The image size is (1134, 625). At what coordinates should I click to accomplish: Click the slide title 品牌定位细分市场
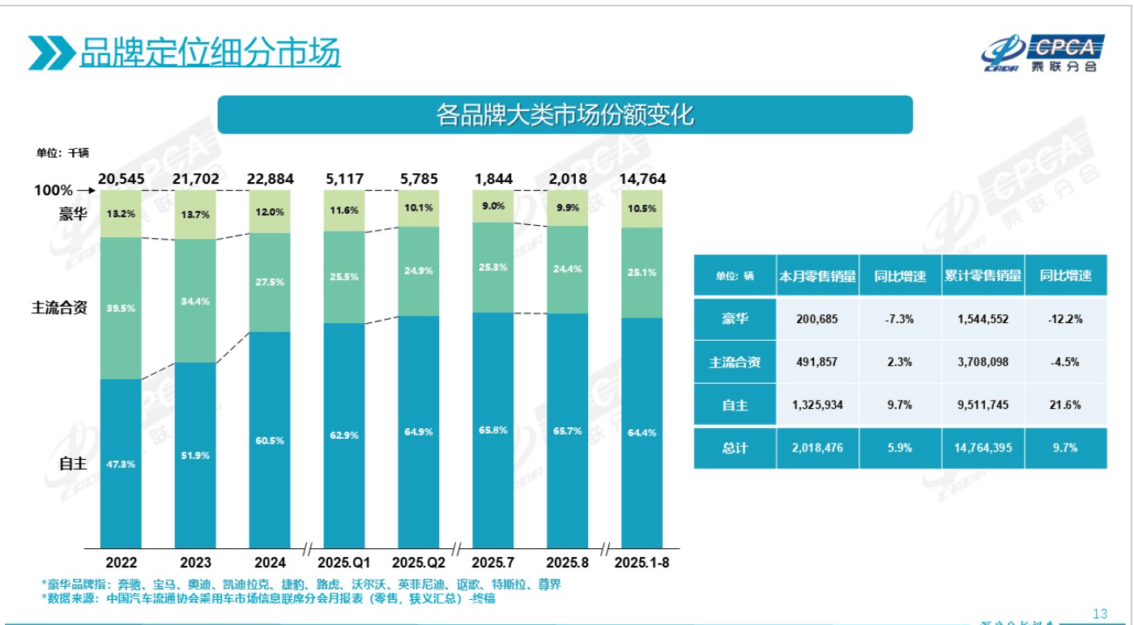[209, 53]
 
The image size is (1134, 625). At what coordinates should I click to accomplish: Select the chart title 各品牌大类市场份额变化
[565, 115]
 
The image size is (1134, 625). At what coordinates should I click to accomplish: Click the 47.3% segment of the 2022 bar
[121, 463]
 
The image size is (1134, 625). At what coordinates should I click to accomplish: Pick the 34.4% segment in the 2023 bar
[195, 300]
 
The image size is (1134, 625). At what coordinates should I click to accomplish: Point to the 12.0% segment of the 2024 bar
[270, 212]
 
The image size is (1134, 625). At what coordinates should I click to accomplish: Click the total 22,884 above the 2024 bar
[270, 179]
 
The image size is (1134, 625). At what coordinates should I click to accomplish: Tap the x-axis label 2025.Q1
[344, 562]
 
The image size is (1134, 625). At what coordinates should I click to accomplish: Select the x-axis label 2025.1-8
[642, 562]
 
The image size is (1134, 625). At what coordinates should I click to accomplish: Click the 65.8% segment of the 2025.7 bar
[492, 430]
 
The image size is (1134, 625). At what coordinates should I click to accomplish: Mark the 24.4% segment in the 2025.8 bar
[567, 270]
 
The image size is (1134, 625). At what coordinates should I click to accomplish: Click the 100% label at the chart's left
[53, 191]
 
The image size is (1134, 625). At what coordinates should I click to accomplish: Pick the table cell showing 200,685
[817, 319]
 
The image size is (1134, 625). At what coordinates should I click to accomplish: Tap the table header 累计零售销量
[983, 276]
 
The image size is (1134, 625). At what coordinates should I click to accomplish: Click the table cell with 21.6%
[1065, 405]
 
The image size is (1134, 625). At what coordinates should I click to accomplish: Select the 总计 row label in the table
[735, 448]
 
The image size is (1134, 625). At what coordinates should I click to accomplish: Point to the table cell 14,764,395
[983, 448]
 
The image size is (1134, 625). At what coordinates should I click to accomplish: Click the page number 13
[1099, 613]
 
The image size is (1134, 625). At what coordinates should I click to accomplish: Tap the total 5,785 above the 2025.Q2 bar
[419, 179]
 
